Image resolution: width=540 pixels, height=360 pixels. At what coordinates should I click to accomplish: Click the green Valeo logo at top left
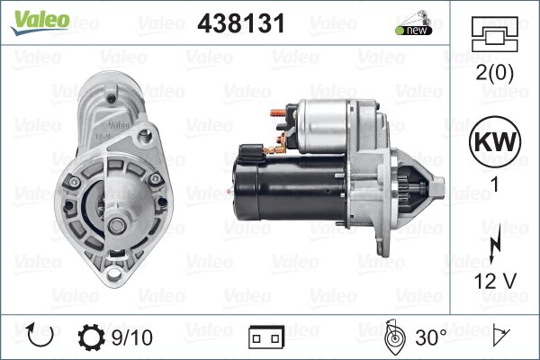click(x=40, y=22)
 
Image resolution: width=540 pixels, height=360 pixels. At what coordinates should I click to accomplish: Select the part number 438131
click(x=241, y=23)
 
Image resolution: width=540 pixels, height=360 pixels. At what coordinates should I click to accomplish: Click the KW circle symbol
click(x=495, y=141)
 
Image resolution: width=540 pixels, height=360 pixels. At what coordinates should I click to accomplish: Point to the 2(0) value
click(x=494, y=73)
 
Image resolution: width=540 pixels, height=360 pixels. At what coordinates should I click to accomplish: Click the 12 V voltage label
click(x=495, y=281)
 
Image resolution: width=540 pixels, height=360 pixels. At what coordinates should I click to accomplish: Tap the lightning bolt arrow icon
click(x=494, y=247)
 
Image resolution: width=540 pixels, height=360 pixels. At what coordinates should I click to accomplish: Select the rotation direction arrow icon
click(x=40, y=336)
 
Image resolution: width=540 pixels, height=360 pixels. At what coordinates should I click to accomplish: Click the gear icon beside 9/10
click(x=91, y=337)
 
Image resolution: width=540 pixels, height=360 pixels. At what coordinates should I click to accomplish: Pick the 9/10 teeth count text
click(x=132, y=337)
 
